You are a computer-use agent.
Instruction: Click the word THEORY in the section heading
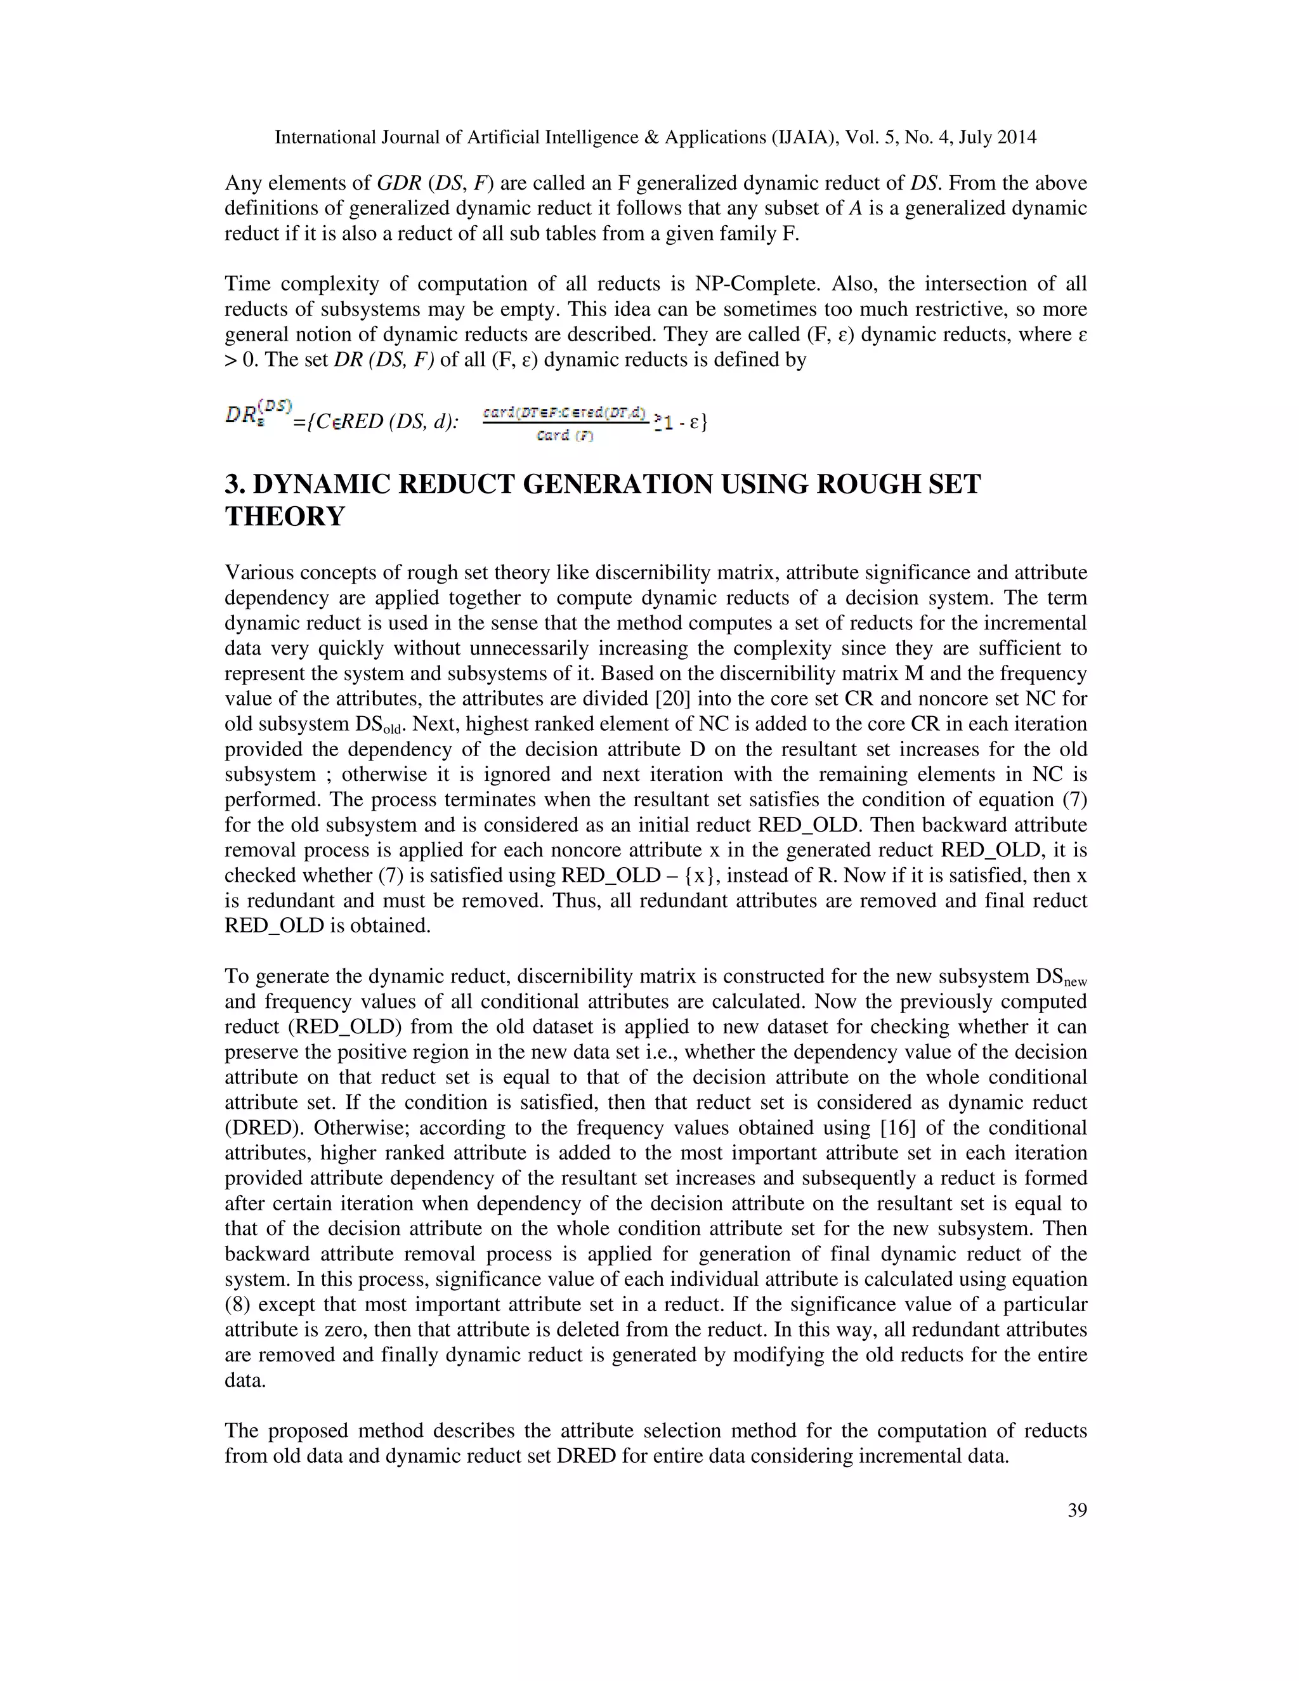tap(285, 516)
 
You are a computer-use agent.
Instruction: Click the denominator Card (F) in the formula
tap(565, 436)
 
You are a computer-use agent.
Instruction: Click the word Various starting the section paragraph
tap(256, 573)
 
